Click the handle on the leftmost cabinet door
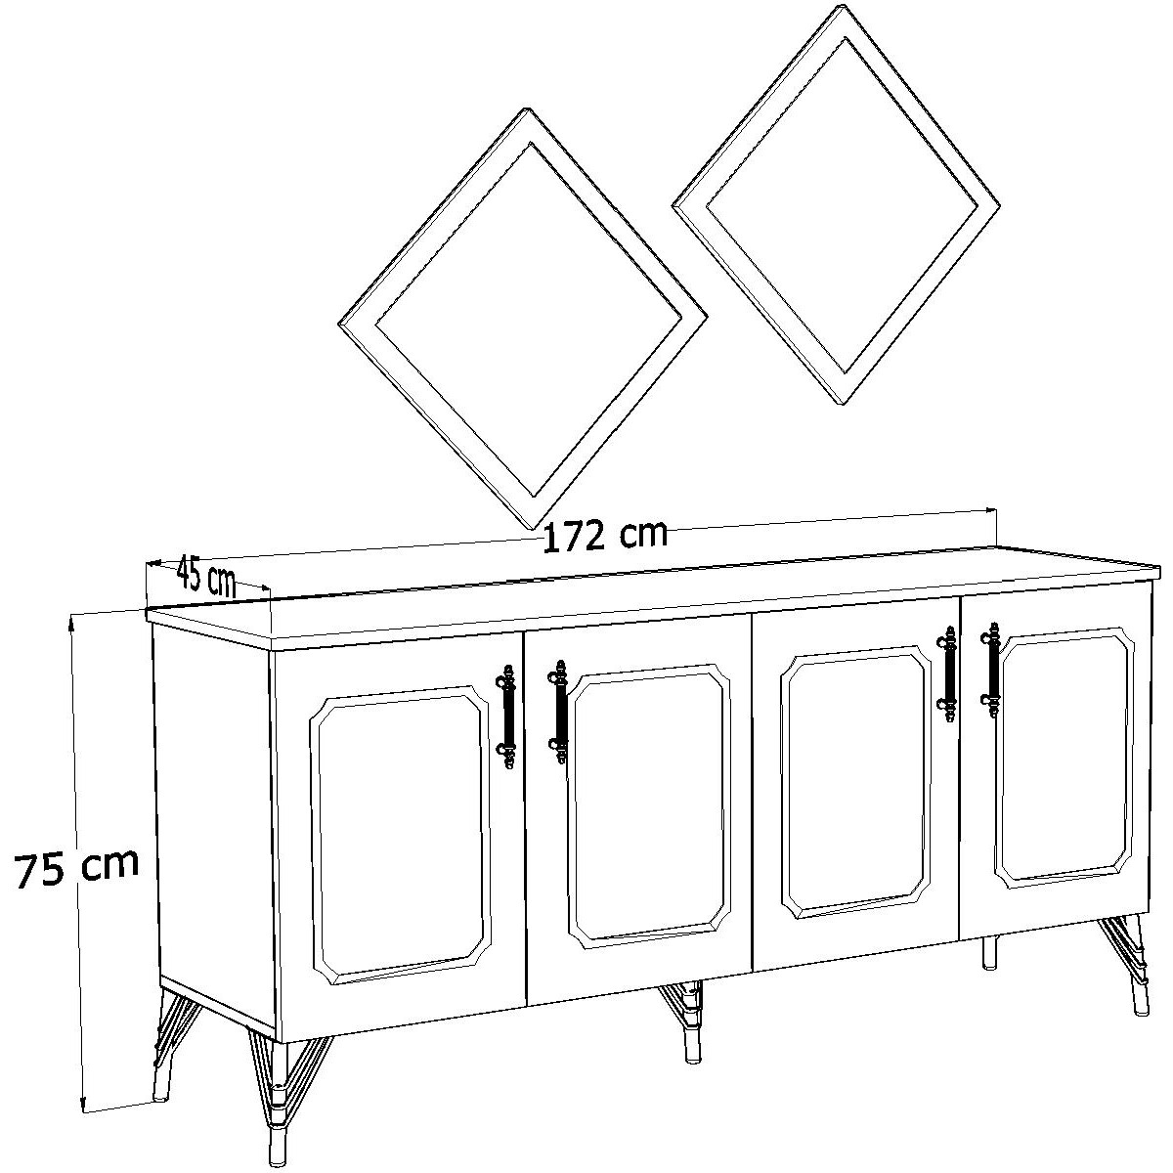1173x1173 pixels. click(x=507, y=718)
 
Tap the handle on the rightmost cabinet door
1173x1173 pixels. click(x=990, y=670)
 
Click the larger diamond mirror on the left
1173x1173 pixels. click(x=522, y=319)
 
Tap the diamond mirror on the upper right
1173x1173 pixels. click(x=837, y=205)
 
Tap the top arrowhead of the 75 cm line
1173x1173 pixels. click(x=71, y=621)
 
